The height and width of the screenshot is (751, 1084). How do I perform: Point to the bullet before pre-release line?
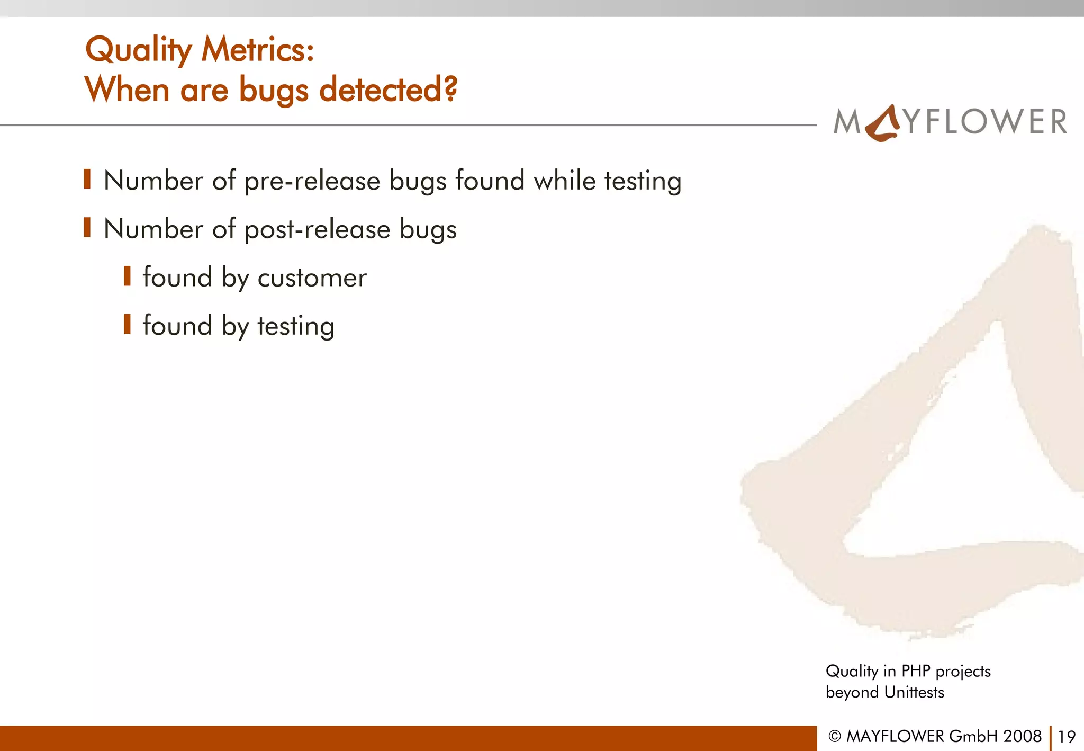click(87, 180)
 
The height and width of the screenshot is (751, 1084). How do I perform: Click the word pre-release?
click(312, 181)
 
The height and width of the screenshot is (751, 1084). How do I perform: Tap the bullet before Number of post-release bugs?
click(87, 228)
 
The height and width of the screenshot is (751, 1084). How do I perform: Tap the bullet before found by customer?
click(127, 276)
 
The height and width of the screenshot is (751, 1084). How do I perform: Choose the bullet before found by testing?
click(127, 324)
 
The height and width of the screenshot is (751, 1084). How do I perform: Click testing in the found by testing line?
click(295, 326)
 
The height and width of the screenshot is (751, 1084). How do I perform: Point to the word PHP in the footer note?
click(916, 671)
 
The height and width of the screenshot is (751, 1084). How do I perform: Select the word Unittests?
click(914, 692)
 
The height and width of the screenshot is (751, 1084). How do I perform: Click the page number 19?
click(1067, 736)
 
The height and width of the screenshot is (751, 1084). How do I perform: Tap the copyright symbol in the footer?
click(835, 737)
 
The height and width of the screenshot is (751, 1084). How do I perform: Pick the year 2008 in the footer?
click(1023, 736)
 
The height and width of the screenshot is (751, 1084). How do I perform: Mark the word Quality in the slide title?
click(139, 50)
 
